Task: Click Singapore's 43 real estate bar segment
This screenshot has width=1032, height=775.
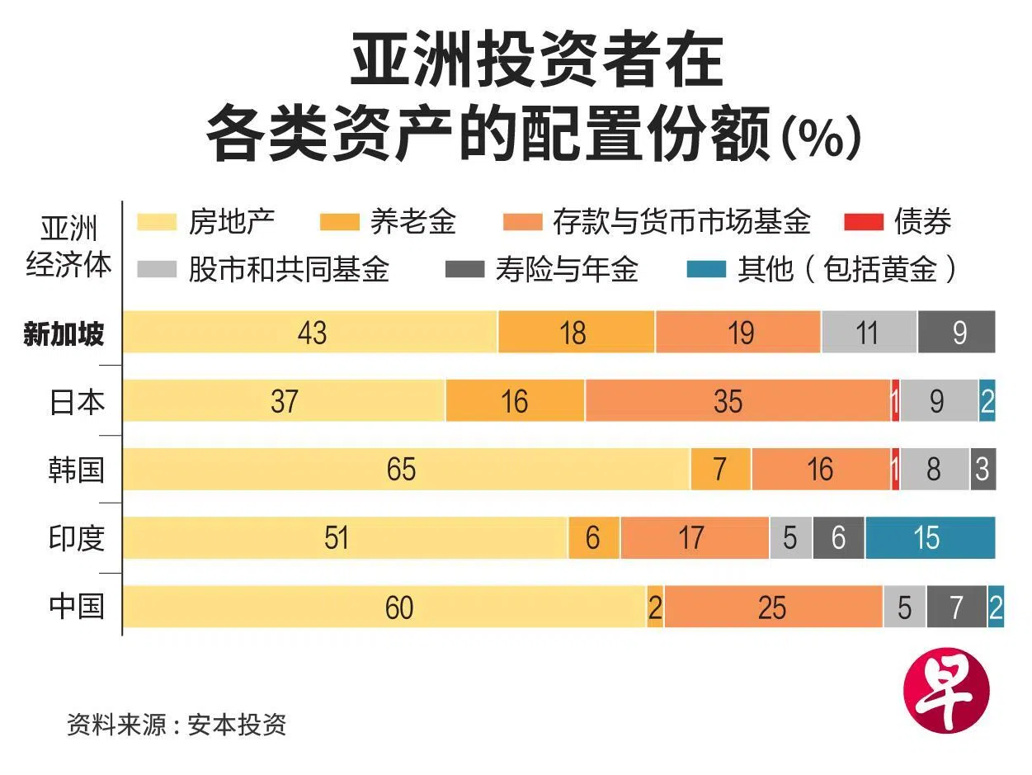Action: [310, 332]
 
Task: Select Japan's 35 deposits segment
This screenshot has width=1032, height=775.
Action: [738, 400]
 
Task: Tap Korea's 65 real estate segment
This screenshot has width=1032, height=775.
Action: [407, 469]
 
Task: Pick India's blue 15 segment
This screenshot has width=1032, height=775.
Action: [931, 537]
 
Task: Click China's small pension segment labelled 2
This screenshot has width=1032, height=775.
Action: [655, 606]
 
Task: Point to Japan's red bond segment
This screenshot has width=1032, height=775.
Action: [896, 400]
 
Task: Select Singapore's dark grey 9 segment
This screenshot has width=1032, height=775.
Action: [957, 332]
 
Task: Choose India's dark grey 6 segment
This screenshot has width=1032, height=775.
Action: [839, 537]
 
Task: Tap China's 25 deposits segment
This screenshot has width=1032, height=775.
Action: [774, 606]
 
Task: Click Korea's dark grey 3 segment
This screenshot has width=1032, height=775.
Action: [983, 469]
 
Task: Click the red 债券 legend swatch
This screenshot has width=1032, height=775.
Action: [864, 222]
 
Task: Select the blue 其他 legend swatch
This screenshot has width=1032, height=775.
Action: [706, 269]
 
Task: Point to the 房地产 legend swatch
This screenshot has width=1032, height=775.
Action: [157, 222]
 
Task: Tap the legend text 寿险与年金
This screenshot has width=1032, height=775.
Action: [567, 269]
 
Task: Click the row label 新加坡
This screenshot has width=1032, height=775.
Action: [64, 334]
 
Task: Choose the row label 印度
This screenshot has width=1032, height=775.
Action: [77, 538]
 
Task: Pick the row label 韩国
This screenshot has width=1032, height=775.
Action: [76, 470]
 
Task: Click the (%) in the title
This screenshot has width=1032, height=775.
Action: [821, 137]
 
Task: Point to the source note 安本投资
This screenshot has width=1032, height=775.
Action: [237, 724]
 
